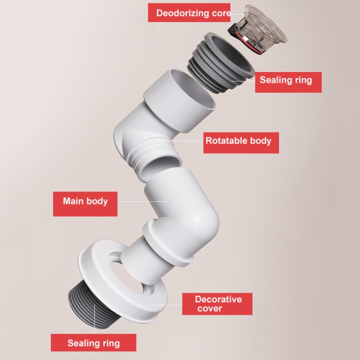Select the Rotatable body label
click(238, 141)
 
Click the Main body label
click(85, 200)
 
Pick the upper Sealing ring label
click(286, 80)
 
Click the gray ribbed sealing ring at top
click(220, 62)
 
